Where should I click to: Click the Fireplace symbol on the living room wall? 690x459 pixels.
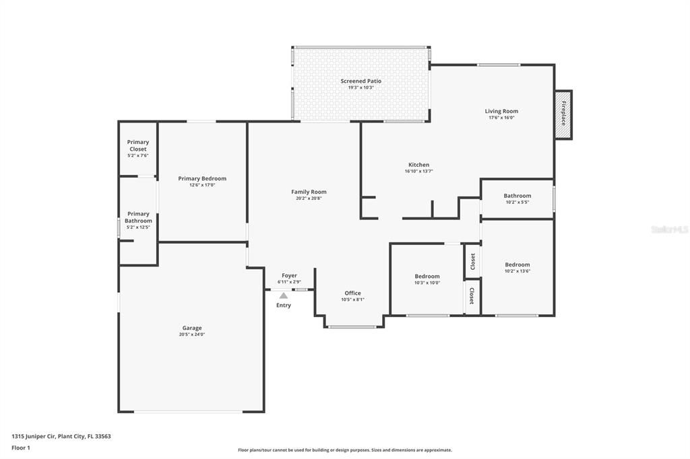point(563,114)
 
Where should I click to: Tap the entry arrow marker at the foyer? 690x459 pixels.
point(284,295)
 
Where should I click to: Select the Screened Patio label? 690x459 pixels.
point(360,81)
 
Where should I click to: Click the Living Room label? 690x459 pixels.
point(501,111)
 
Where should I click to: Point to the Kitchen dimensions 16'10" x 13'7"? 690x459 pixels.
point(418,171)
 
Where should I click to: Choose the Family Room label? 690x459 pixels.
point(309,192)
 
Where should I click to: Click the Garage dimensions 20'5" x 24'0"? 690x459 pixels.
point(192,334)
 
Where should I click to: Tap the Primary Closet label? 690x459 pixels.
point(138,145)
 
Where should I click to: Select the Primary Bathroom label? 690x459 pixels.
point(138,217)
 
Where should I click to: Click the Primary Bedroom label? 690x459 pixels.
point(202,178)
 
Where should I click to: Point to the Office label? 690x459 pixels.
point(352,293)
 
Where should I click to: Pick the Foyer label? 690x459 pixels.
point(289,275)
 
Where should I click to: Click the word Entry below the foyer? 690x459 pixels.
point(284,306)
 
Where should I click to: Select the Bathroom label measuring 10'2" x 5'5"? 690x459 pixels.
point(517,196)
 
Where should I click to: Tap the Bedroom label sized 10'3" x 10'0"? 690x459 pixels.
point(427,276)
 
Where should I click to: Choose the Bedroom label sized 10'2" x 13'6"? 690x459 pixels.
point(517,264)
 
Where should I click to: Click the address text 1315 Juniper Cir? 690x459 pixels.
point(61,436)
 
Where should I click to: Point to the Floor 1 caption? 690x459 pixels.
point(20,448)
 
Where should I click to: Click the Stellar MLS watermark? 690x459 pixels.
point(670,229)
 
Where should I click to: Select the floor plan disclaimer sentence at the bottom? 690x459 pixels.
point(344,450)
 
